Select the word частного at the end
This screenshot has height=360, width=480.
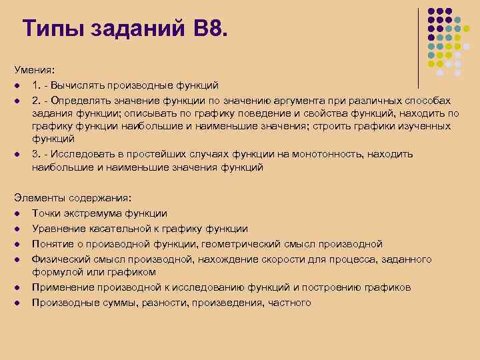click(x=289, y=303)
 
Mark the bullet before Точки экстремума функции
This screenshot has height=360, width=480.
click(x=15, y=213)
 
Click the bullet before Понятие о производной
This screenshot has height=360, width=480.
click(x=15, y=244)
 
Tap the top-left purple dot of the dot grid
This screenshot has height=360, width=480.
click(x=431, y=12)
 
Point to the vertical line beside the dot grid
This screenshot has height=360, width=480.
click(x=419, y=47)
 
